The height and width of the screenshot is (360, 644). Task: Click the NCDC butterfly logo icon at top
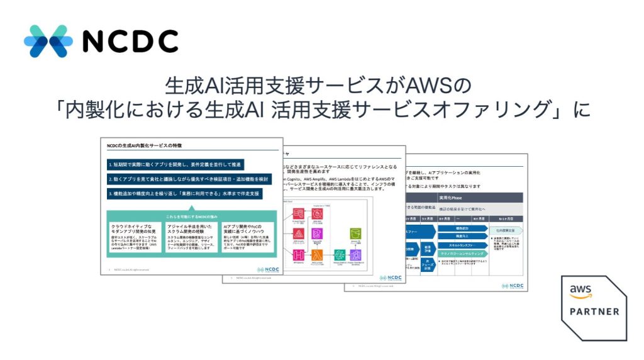click(47, 41)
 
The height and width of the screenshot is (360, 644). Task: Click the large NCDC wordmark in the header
click(130, 42)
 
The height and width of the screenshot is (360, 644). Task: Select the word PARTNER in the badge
click(594, 312)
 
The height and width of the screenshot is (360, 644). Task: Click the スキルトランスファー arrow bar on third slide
click(462, 244)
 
